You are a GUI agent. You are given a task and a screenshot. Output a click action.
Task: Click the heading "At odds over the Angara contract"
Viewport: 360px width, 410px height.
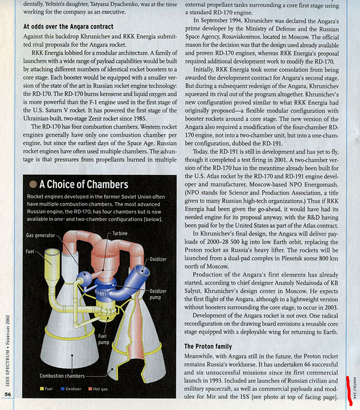[68, 26]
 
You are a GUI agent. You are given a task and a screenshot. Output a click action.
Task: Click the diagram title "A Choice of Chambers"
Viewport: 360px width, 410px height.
[84, 184]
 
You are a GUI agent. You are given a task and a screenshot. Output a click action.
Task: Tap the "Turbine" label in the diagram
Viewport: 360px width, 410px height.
[120, 233]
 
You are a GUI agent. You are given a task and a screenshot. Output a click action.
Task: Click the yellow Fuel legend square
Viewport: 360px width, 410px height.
[43, 389]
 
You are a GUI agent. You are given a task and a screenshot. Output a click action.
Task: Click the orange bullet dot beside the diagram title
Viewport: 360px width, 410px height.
[33, 184]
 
